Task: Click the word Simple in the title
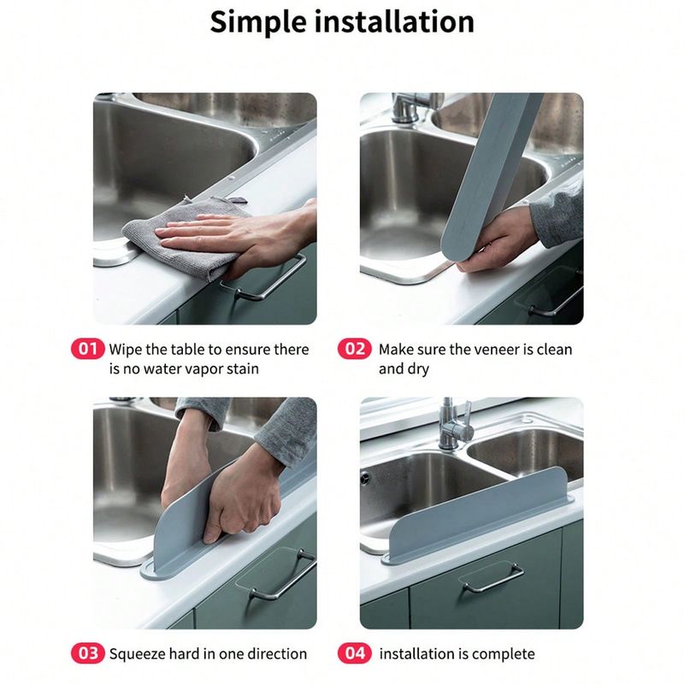(x=258, y=22)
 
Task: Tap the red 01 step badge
(x=88, y=349)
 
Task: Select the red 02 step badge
(x=355, y=349)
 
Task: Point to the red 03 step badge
(x=88, y=653)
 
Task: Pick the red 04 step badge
(x=355, y=653)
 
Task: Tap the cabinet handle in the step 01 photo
(x=265, y=280)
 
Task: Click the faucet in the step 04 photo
(x=454, y=425)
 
